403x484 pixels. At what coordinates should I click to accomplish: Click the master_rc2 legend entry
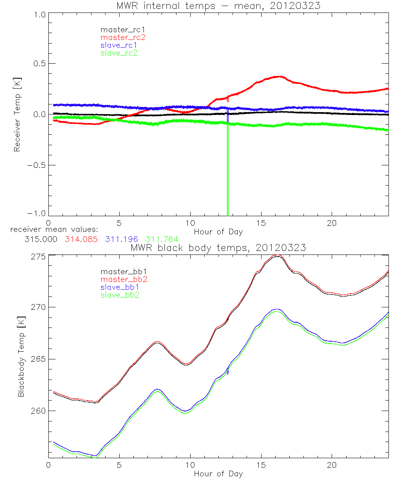(x=123, y=37)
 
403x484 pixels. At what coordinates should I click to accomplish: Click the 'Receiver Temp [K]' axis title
(x=17, y=115)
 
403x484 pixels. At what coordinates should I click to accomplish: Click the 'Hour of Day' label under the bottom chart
(x=218, y=474)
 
